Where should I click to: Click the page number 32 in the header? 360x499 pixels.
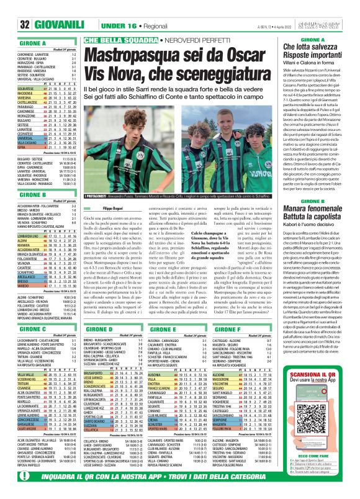[x=9, y=25]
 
